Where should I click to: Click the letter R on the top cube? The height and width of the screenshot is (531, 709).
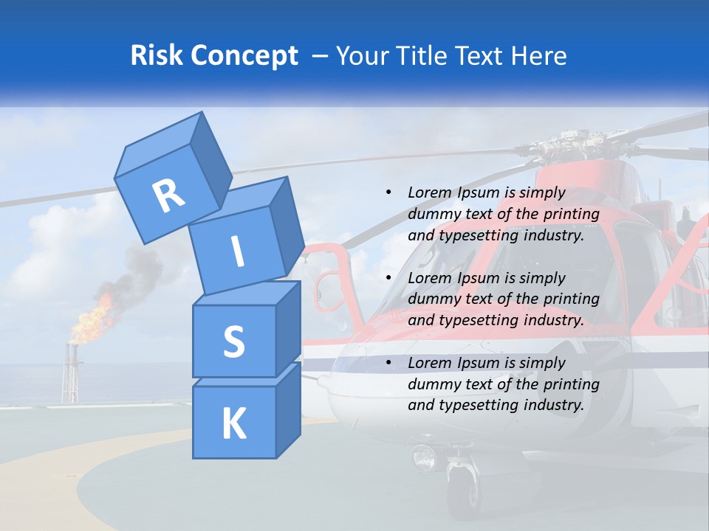pos(168,195)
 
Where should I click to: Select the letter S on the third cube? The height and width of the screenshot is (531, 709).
pos(233,341)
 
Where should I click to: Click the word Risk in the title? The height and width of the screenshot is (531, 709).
pos(158,56)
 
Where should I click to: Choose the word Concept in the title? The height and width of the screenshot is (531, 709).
pos(244,56)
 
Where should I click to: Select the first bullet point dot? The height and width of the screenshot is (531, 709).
pos(388,193)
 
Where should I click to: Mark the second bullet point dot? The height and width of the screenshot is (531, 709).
pos(388,278)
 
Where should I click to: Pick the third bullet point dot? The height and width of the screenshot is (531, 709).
pos(388,363)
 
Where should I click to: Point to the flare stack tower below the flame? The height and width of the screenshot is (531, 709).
pos(70,376)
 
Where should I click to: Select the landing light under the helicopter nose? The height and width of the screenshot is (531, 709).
pos(425,457)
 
